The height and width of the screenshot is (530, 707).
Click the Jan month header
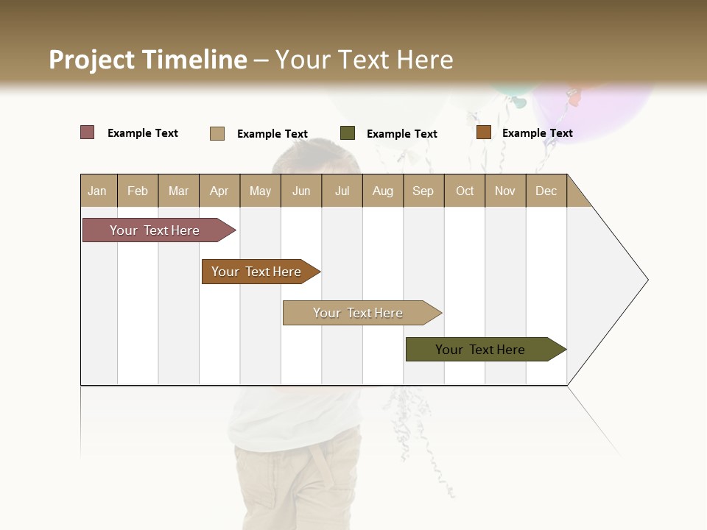tap(98, 191)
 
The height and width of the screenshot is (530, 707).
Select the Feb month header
tap(138, 191)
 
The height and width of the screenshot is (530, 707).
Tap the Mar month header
tap(178, 191)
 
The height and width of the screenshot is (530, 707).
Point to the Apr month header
tap(219, 191)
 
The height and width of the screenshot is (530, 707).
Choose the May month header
tap(260, 191)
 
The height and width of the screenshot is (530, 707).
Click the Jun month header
tap(301, 191)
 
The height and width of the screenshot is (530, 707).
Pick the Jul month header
tap(342, 191)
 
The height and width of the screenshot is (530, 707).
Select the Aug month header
tap(383, 191)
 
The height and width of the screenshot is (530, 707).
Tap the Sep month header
tap(423, 191)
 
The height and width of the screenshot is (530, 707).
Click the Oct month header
tap(465, 191)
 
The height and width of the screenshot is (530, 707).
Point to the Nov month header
tap(505, 191)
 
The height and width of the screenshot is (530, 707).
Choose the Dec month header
tap(546, 191)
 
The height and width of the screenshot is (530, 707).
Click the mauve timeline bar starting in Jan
tap(155, 230)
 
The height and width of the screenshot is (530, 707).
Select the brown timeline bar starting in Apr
tap(257, 272)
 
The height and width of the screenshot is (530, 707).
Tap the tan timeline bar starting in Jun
tap(359, 313)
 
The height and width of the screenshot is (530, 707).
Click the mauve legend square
tap(88, 132)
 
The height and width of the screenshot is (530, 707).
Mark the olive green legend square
tap(348, 133)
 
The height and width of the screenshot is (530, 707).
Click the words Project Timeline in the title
tap(148, 60)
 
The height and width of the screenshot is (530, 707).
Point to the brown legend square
tap(484, 132)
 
